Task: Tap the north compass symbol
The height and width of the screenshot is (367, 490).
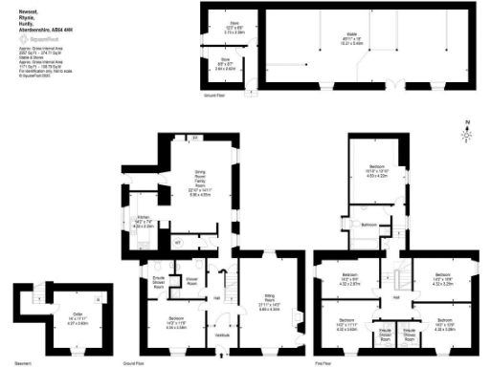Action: click(468, 131)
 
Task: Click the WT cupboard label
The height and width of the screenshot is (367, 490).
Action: click(177, 242)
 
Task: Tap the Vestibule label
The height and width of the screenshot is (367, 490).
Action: click(222, 334)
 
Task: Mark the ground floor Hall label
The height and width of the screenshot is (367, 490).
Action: click(216, 298)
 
